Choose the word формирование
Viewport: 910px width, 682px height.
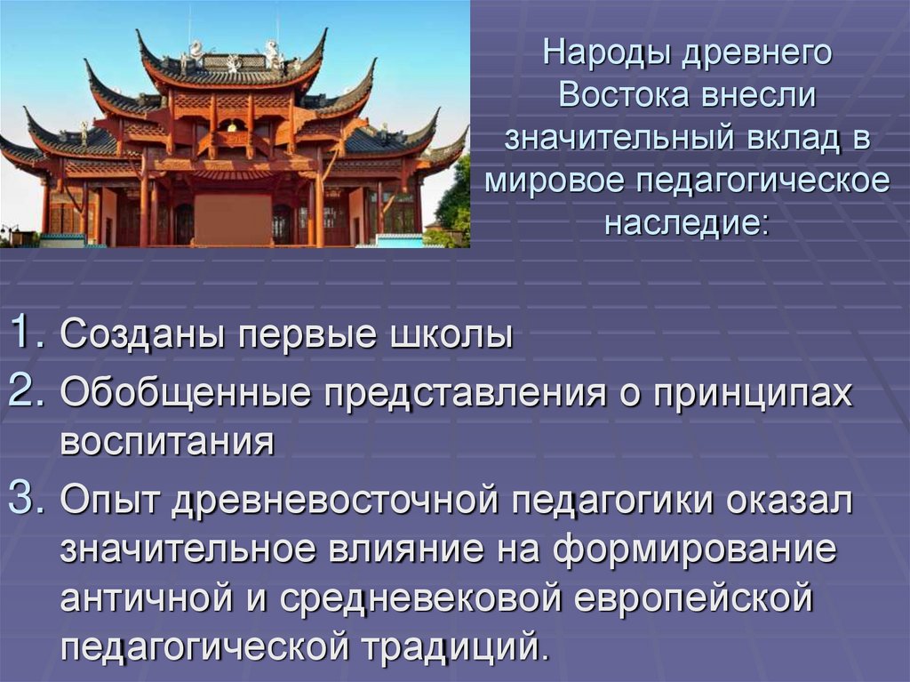click(695, 550)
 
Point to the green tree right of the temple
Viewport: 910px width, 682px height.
click(453, 205)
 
